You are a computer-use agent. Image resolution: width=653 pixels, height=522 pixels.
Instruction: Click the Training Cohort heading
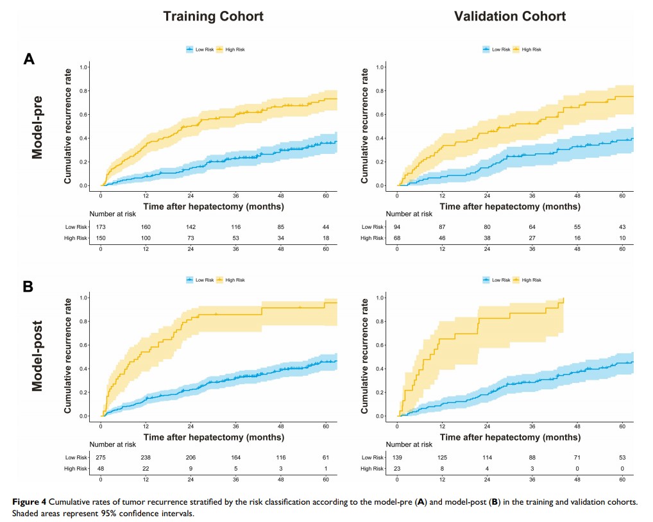[212, 17]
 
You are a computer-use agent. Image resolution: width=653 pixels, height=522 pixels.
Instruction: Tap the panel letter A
[29, 60]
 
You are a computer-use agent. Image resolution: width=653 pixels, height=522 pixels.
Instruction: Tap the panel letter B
[28, 287]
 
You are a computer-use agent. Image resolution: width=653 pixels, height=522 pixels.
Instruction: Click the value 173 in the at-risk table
[101, 226]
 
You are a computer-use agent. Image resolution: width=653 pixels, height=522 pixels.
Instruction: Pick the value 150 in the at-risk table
[101, 239]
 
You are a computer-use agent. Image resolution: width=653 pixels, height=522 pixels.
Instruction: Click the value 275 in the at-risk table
[101, 457]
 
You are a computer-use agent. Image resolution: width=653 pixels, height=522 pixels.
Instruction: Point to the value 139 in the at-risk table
[398, 457]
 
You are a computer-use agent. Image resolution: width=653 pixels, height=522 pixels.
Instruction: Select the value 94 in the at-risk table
[398, 226]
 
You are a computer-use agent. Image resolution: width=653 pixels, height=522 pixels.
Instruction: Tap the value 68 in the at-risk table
[398, 239]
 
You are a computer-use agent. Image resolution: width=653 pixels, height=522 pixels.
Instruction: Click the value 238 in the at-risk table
[146, 457]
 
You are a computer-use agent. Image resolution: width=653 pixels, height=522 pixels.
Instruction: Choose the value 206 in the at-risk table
[191, 457]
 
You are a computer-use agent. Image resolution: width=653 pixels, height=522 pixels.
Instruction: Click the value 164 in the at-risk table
[236, 457]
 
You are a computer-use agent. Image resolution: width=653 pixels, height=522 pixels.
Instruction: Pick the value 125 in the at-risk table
[443, 457]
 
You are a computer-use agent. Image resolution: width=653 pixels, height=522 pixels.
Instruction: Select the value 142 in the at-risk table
[191, 226]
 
